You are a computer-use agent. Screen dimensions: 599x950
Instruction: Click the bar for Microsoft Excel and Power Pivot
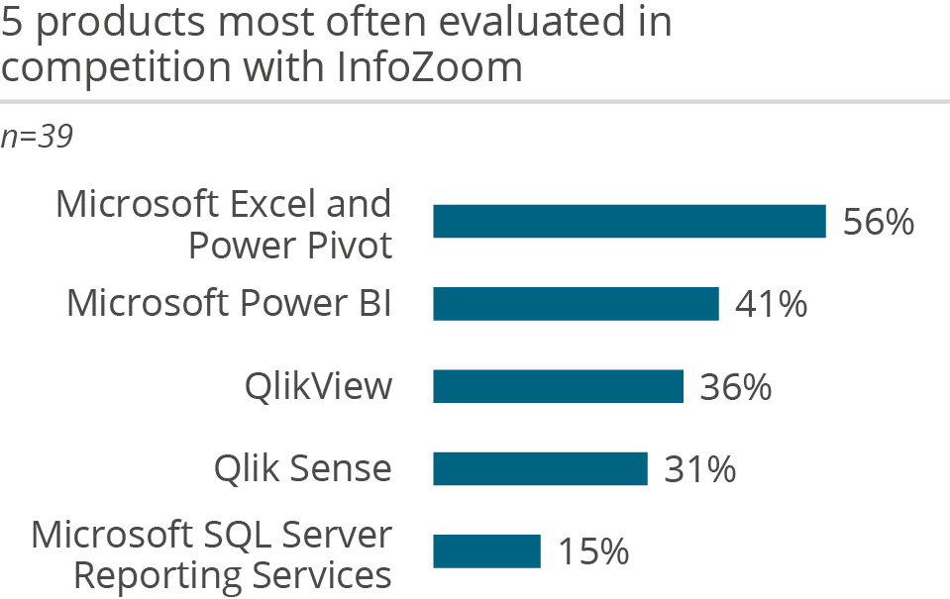point(629,222)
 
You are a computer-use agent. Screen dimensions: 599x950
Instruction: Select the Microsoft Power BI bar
point(576,304)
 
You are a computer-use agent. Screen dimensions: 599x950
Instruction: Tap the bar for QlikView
point(558,386)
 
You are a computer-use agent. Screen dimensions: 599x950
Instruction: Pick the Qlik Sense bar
point(540,468)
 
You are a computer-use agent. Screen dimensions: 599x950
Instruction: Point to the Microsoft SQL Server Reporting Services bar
point(486,551)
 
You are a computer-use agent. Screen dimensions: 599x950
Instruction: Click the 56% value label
point(878,223)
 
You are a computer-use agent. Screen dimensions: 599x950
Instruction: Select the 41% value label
point(771,305)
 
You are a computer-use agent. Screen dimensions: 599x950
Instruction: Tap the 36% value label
point(735,387)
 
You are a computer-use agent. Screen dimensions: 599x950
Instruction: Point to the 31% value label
point(699,469)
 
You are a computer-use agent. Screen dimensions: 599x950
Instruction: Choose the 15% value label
point(592,552)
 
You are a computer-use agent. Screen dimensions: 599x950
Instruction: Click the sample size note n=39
point(37,138)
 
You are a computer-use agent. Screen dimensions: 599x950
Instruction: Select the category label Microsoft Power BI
point(229,304)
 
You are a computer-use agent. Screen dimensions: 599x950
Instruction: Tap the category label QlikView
point(318,387)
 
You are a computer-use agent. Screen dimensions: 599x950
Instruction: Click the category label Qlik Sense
point(302,468)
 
